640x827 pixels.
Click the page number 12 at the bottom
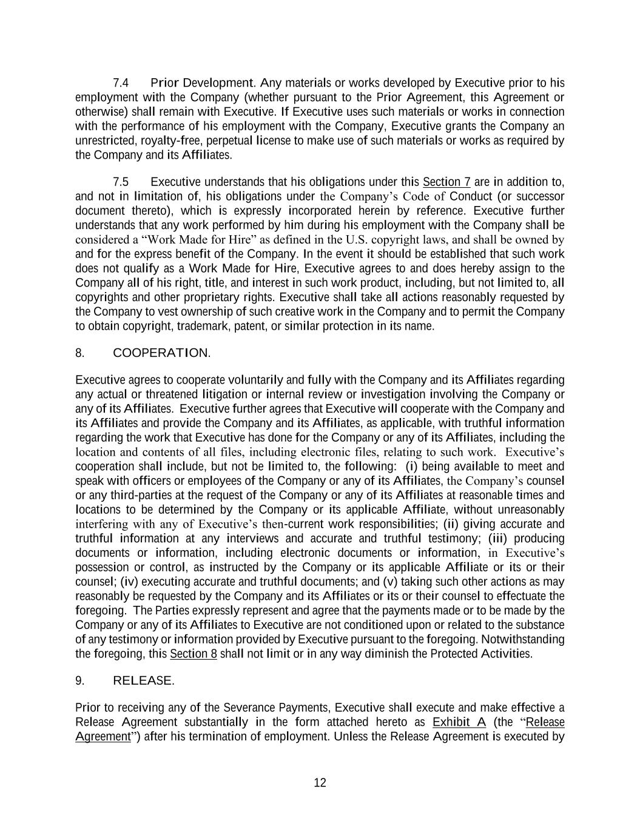coord(320,783)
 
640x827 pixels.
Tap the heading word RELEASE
coord(143,681)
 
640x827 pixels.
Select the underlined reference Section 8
coord(194,654)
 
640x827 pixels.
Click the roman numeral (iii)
coord(502,539)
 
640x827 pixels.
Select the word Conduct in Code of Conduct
coord(470,197)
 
